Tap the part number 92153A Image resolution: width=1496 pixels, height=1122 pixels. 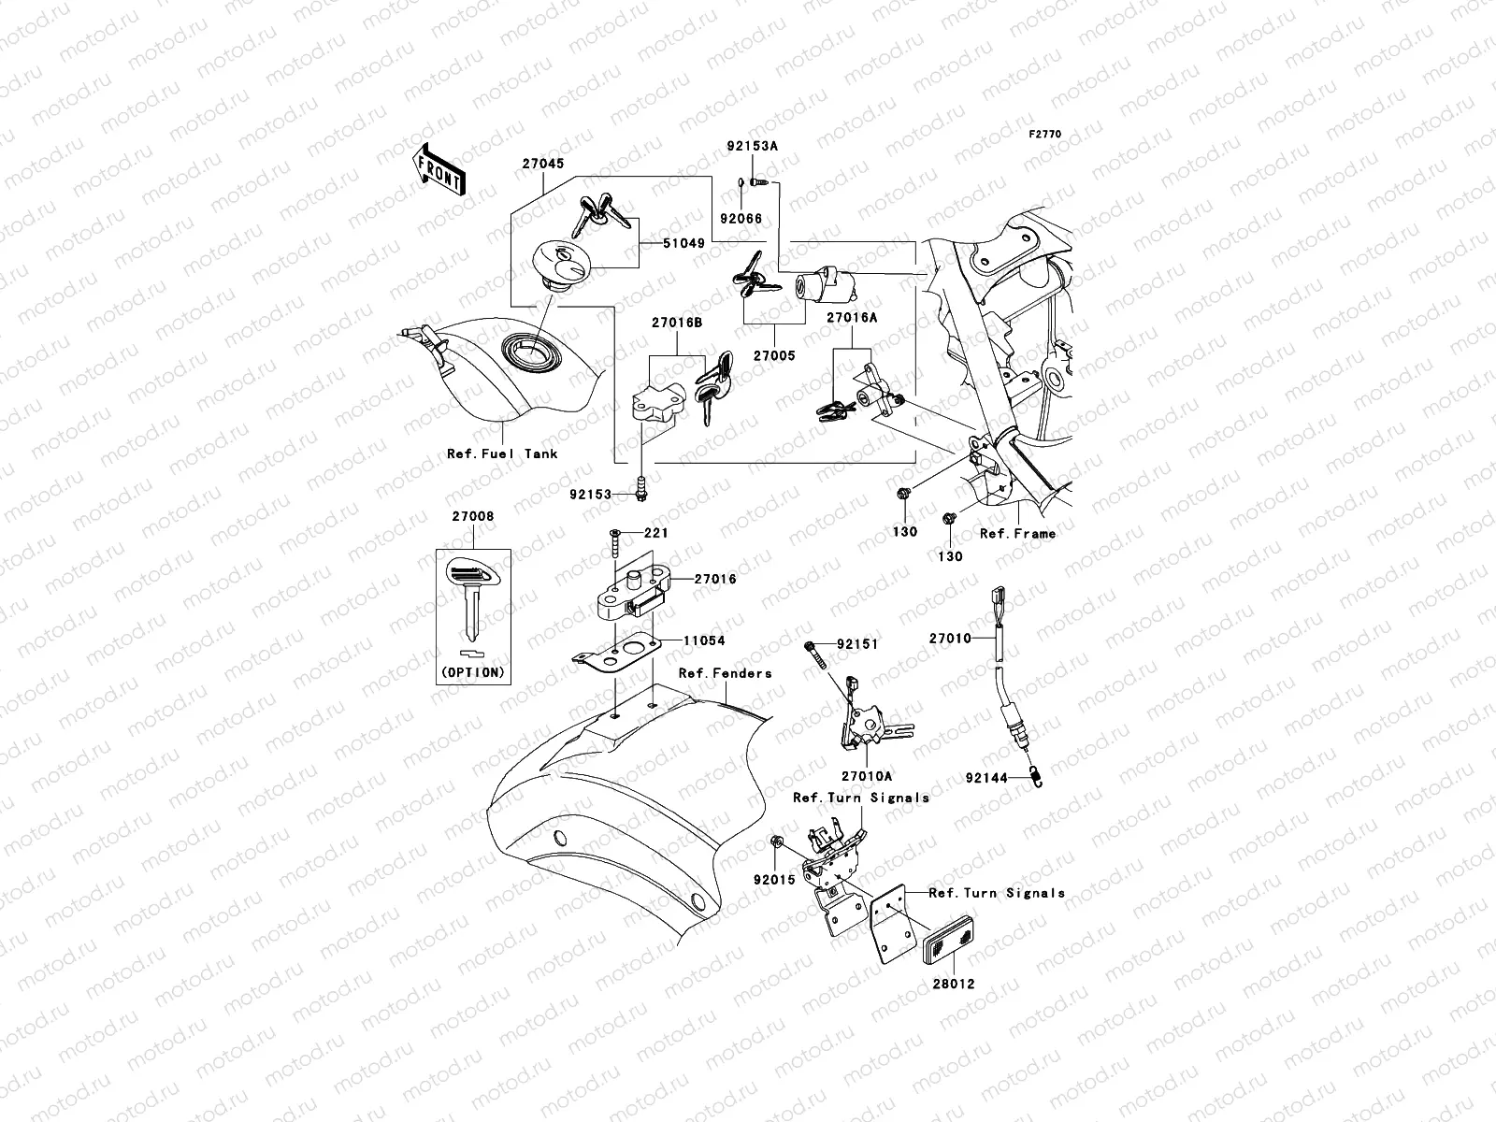pos(753,146)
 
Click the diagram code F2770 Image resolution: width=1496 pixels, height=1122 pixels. pos(1045,135)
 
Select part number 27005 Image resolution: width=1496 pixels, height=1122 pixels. pos(774,355)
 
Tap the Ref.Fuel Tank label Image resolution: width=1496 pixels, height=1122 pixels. pos(502,453)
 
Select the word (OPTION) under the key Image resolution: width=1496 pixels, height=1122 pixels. pos(473,672)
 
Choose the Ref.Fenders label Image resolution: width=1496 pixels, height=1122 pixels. pos(725,672)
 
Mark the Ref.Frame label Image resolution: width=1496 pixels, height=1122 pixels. pos(1017,533)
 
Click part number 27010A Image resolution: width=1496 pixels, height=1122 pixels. pos(867,776)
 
